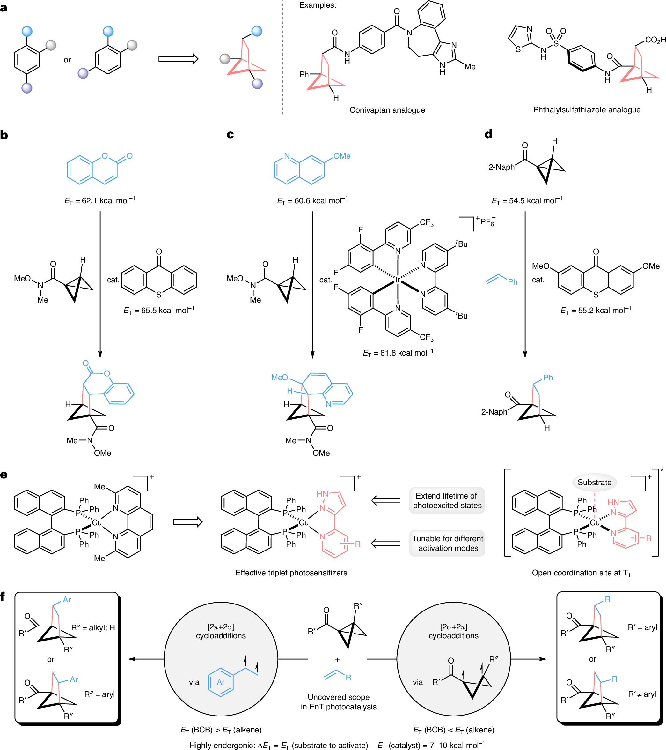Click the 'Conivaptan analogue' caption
pyautogui.click(x=387, y=110)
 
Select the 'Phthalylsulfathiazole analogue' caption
pyautogui.click(x=587, y=110)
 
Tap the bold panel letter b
pyautogui.click(x=4, y=135)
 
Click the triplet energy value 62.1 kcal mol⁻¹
pyautogui.click(x=100, y=200)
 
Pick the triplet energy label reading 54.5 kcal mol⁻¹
pyautogui.click(x=527, y=200)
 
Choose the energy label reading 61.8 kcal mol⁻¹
pyautogui.click(x=398, y=353)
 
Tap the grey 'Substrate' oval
pyautogui.click(x=594, y=482)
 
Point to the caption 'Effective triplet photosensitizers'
pyautogui.click(x=291, y=573)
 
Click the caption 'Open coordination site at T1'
pyautogui.click(x=581, y=573)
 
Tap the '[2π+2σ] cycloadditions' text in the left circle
pyautogui.click(x=221, y=631)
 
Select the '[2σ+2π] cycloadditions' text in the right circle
pyautogui.click(x=453, y=631)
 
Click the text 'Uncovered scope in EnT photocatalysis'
pyautogui.click(x=338, y=702)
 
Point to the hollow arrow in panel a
pyautogui.click(x=178, y=59)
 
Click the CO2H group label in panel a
pyautogui.click(x=655, y=40)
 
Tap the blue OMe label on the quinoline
pyautogui.click(x=342, y=156)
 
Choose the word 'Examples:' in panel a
pyautogui.click(x=318, y=5)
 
